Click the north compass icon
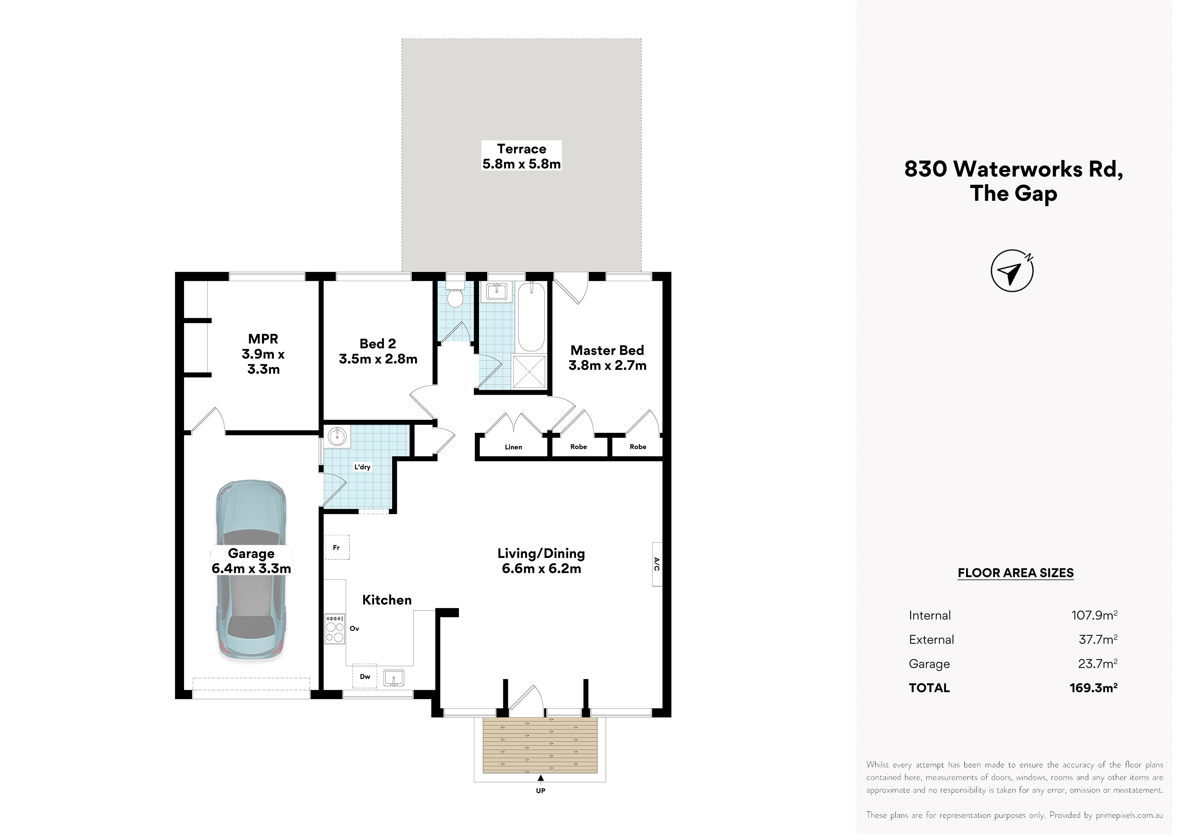(x=1011, y=271)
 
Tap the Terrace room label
(x=521, y=149)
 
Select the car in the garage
(x=251, y=570)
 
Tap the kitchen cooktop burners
(x=335, y=629)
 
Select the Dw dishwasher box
(x=365, y=676)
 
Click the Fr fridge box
(x=337, y=547)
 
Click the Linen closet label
(x=513, y=447)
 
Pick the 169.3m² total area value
(x=1094, y=688)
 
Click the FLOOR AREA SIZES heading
(x=1016, y=573)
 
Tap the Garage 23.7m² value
(x=1098, y=664)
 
